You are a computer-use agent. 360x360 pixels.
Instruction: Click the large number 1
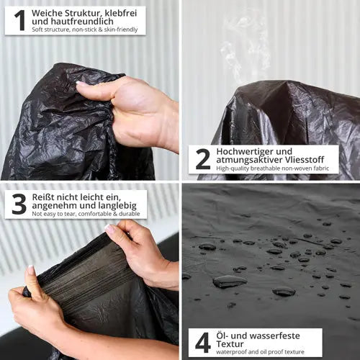[x=20, y=20]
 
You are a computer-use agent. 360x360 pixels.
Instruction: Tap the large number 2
[x=203, y=159]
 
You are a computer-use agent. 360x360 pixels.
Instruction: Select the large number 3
[x=19, y=204]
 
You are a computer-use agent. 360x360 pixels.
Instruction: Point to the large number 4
[x=203, y=343]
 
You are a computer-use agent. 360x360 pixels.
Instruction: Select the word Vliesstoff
[x=305, y=160]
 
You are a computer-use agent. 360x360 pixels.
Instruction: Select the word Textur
[x=230, y=344]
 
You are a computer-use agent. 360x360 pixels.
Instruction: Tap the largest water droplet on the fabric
[x=230, y=282]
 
